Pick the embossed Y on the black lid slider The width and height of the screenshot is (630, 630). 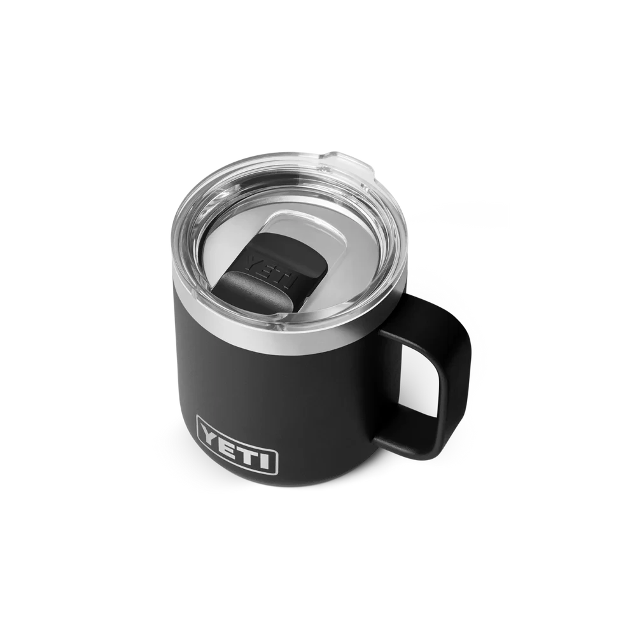click(x=255, y=262)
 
